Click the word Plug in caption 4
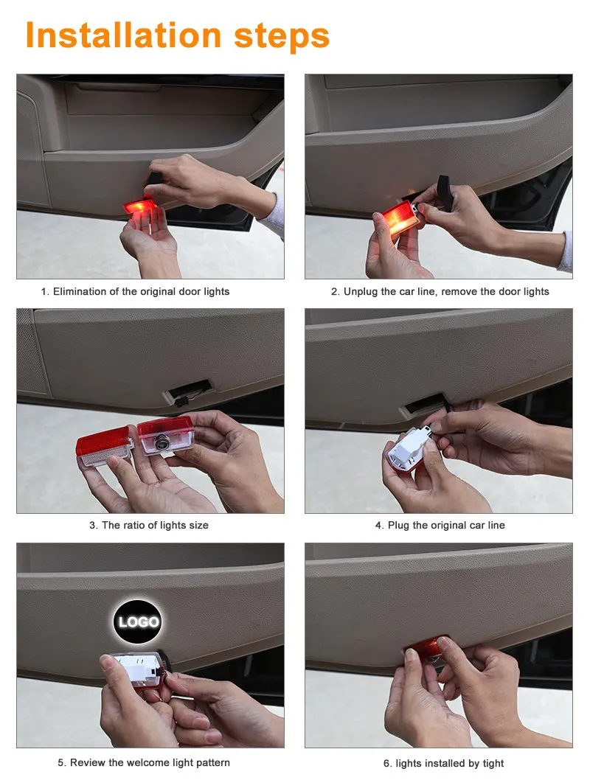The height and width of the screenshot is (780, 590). click(x=399, y=526)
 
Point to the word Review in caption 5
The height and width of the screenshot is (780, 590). click(x=87, y=762)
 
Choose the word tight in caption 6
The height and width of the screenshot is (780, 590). click(x=492, y=763)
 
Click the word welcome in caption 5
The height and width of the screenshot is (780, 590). click(x=147, y=762)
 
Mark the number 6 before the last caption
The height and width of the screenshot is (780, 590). click(x=386, y=763)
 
